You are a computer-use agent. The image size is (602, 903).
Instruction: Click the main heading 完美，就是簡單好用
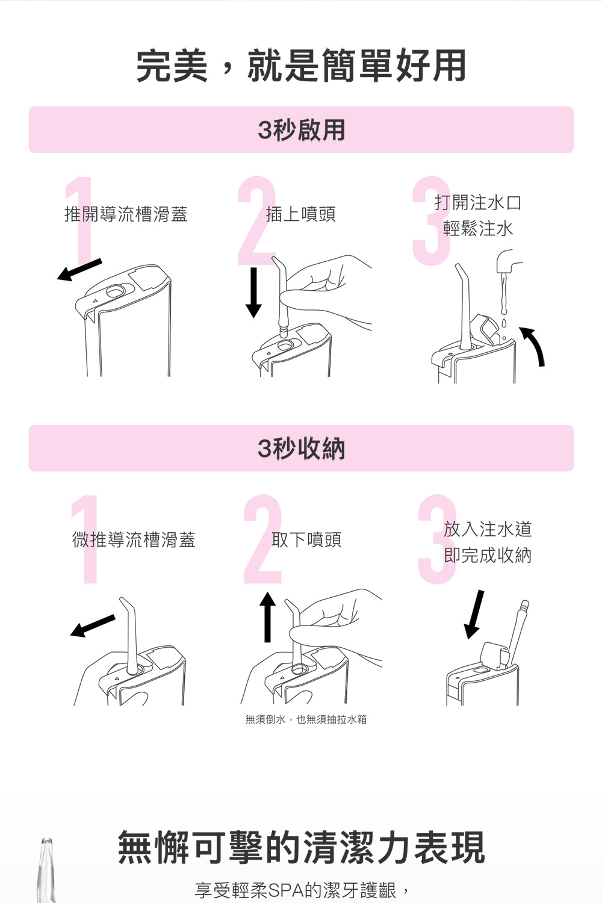click(x=301, y=66)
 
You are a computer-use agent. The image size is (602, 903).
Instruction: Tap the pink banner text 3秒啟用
click(x=301, y=130)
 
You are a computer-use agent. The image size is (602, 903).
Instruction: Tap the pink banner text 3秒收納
click(x=301, y=448)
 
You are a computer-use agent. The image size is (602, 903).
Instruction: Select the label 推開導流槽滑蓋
click(x=126, y=214)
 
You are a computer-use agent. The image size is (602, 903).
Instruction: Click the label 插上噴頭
click(x=300, y=214)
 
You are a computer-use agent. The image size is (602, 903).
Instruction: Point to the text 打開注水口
click(x=478, y=203)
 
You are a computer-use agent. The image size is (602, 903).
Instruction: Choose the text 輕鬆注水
click(x=478, y=229)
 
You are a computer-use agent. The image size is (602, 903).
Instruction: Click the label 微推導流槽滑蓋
click(x=134, y=540)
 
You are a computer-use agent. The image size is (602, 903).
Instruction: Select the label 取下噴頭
click(x=306, y=540)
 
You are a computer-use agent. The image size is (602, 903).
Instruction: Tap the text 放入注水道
click(x=488, y=529)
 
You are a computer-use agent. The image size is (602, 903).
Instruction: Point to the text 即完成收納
click(x=488, y=555)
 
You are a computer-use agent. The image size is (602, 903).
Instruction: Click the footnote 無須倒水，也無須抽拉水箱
click(x=306, y=719)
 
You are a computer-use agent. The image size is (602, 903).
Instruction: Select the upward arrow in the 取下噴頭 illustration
click(x=268, y=616)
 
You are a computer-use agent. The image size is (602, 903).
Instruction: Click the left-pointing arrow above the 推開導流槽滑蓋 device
click(x=79, y=270)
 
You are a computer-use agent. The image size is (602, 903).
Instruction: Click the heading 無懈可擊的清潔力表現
click(x=301, y=848)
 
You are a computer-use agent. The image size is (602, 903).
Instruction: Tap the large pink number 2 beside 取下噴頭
click(x=262, y=540)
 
